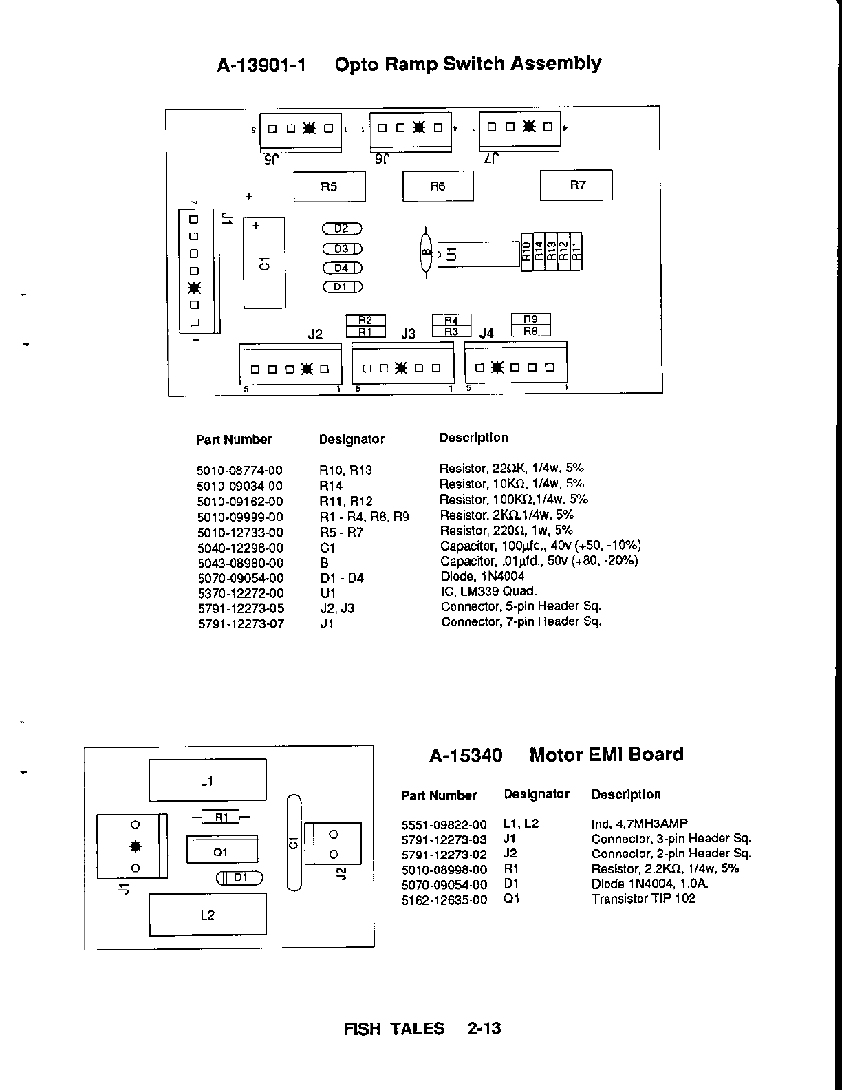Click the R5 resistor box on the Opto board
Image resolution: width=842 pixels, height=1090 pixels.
pos(330,186)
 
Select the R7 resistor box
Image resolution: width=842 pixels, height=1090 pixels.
pos(576,185)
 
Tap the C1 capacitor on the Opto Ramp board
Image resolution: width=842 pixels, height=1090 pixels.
pos(264,263)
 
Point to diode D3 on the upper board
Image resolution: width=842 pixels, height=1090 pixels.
pos(342,248)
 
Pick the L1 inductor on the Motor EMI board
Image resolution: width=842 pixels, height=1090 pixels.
pos(207,780)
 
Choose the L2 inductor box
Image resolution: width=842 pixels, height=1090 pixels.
pos(207,915)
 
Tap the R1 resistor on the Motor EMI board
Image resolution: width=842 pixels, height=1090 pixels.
pos(222,817)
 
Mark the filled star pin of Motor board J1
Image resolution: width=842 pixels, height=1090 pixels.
pos(136,846)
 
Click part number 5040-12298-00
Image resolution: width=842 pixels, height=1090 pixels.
pos(240,548)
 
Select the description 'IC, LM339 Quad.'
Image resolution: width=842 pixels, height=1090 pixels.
pos(488,591)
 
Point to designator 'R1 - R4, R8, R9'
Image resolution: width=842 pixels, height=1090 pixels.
pos(364,517)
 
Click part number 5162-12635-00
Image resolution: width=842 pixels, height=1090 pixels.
pos(444,899)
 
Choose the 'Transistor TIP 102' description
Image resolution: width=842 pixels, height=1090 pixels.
pos(643,899)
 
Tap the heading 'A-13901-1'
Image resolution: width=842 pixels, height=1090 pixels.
pos(262,65)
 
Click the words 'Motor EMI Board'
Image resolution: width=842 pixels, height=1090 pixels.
pos(606,755)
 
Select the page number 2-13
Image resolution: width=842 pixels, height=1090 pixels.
pos(484,1029)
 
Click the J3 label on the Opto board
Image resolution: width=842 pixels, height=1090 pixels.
pos(409,334)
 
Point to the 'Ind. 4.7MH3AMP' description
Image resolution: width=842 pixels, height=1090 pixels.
pos(639,824)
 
